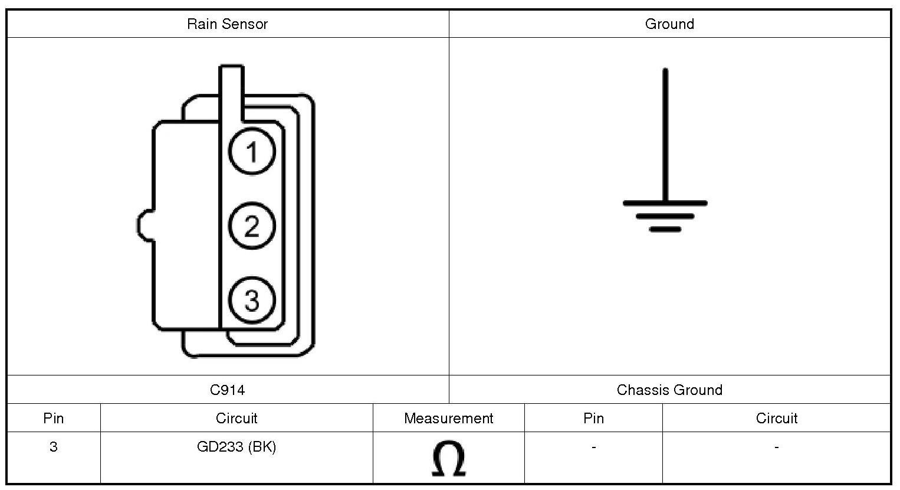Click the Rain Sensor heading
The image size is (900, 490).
point(227,24)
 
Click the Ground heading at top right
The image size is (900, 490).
point(669,24)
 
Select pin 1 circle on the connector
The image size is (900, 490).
point(252,152)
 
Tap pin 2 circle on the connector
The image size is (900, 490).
point(252,226)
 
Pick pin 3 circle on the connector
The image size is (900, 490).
point(252,300)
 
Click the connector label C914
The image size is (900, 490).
point(227,390)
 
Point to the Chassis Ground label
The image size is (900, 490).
point(669,390)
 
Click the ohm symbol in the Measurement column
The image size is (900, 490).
point(448,459)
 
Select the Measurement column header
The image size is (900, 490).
point(448,419)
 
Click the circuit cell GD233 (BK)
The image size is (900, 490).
point(237,447)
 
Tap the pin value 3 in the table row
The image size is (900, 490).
point(54,447)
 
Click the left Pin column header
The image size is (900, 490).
point(54,419)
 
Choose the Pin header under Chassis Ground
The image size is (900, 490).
point(593,419)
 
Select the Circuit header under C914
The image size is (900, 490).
point(237,419)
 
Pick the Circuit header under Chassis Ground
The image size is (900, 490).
point(776,419)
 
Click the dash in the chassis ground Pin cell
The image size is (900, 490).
point(593,447)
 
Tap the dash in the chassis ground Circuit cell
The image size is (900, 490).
point(776,447)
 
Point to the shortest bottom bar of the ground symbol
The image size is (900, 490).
point(665,229)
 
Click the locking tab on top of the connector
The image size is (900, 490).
point(231,89)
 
